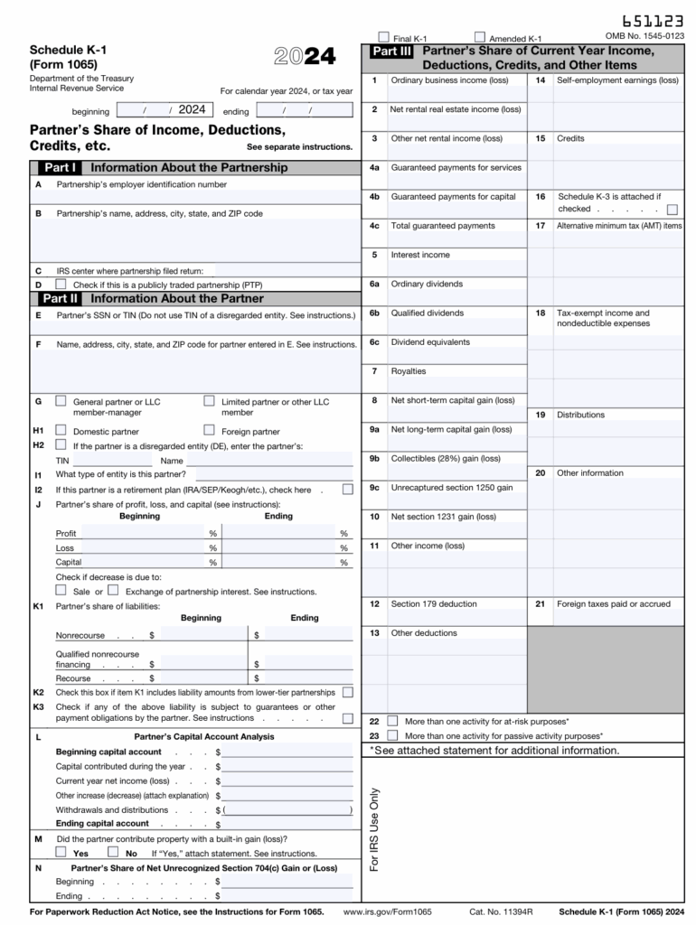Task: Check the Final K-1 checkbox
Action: [384, 38]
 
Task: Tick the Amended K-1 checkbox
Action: [480, 38]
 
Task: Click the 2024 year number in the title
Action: [305, 57]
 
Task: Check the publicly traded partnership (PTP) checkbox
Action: [61, 284]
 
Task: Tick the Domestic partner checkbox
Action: [61, 431]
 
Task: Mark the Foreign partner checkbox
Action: [210, 431]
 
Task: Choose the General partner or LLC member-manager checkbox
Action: [61, 400]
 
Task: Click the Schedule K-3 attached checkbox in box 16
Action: [672, 209]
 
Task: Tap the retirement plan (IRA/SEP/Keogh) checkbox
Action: [348, 490]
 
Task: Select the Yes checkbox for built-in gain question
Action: [61, 851]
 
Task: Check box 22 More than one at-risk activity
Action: [392, 721]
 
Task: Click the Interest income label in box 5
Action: [419, 255]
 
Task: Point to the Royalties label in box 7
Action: [408, 371]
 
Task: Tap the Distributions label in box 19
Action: [580, 415]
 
